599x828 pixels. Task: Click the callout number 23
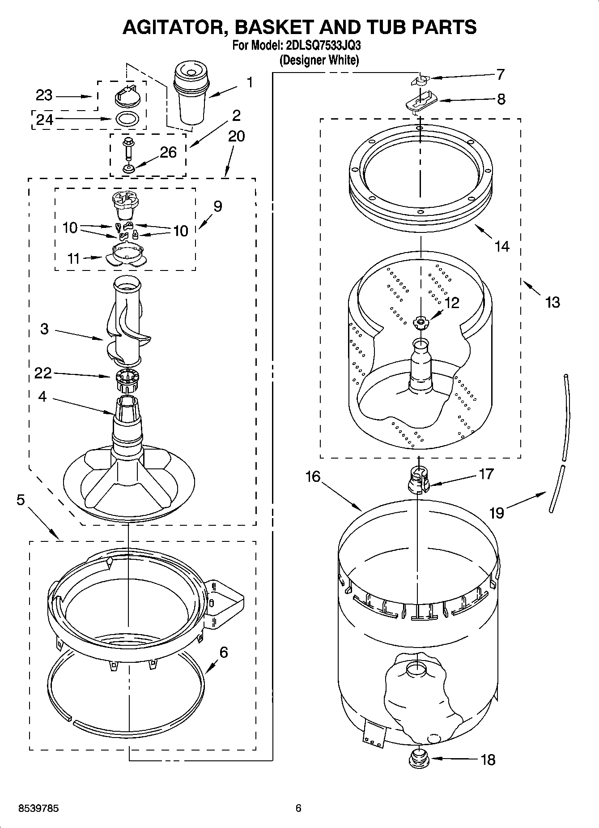coord(44,95)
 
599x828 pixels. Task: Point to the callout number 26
coord(168,153)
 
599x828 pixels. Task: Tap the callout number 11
coord(73,258)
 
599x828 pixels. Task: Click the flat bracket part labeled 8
coord(421,102)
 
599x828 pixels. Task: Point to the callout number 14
coord(502,246)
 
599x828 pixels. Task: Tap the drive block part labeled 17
coord(419,478)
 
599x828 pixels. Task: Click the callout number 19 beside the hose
coord(497,512)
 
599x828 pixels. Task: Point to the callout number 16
coord(313,476)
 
